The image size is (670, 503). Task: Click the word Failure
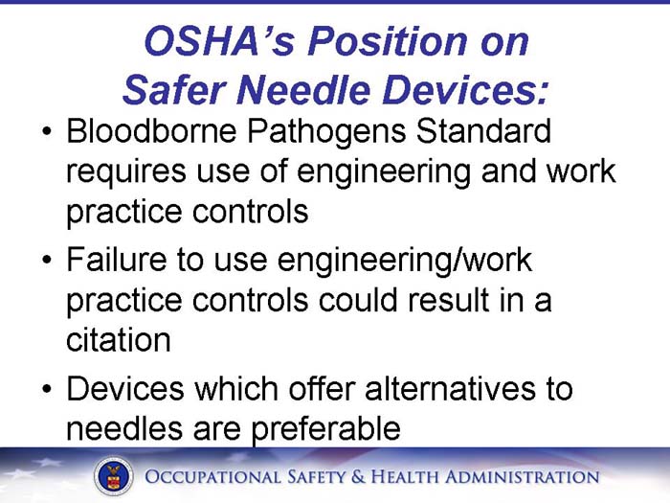(116, 259)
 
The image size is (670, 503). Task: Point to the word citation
(118, 340)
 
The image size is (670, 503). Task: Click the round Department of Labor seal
(113, 476)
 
